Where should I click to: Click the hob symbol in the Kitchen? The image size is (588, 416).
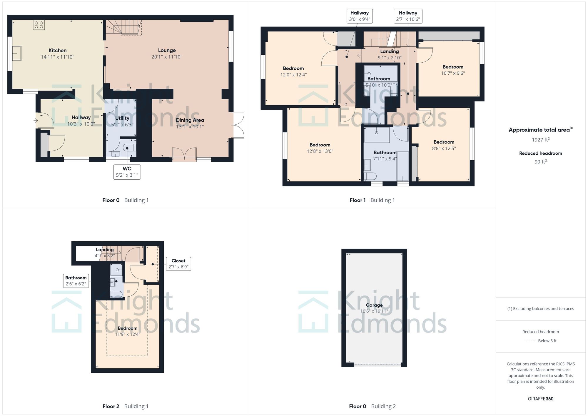[x=39, y=25]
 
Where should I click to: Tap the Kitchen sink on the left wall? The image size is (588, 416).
[x=17, y=53]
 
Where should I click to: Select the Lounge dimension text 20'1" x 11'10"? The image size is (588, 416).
[x=167, y=57]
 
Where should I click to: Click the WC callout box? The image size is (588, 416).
[x=127, y=172]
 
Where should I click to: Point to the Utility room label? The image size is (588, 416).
[x=122, y=118]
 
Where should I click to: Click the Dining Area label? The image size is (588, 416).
[x=190, y=120]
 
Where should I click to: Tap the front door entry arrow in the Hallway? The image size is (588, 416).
[x=36, y=120]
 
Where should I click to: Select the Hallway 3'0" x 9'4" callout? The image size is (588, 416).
[x=359, y=16]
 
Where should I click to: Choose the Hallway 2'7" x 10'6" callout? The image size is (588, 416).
[x=408, y=16]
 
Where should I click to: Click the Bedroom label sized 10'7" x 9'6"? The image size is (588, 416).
[x=453, y=67]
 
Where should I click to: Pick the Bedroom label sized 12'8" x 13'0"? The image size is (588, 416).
[x=320, y=145]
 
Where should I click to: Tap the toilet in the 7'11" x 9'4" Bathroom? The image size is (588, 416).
[x=370, y=176]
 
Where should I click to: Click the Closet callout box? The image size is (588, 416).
[x=178, y=264]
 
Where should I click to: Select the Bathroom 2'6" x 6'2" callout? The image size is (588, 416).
[x=76, y=281]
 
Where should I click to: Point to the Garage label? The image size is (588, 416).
[x=374, y=305]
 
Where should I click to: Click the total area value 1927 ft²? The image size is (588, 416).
[x=540, y=140]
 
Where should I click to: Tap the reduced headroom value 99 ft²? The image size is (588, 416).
[x=540, y=162]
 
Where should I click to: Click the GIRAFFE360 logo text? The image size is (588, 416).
[x=540, y=399]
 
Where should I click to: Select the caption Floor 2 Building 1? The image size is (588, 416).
[x=126, y=406]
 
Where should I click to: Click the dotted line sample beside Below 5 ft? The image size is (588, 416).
[x=530, y=341]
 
